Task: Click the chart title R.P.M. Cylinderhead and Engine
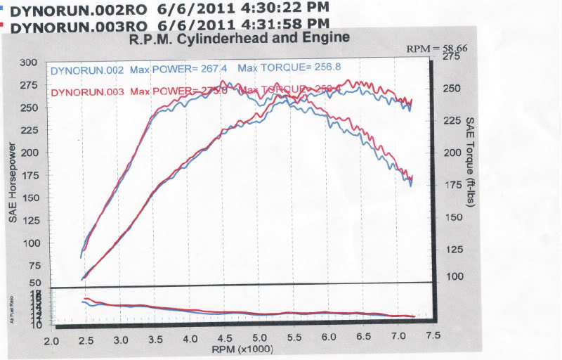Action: click(239, 39)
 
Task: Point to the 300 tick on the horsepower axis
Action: click(28, 62)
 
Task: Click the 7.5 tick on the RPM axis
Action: click(433, 336)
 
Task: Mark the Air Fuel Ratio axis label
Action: click(13, 309)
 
